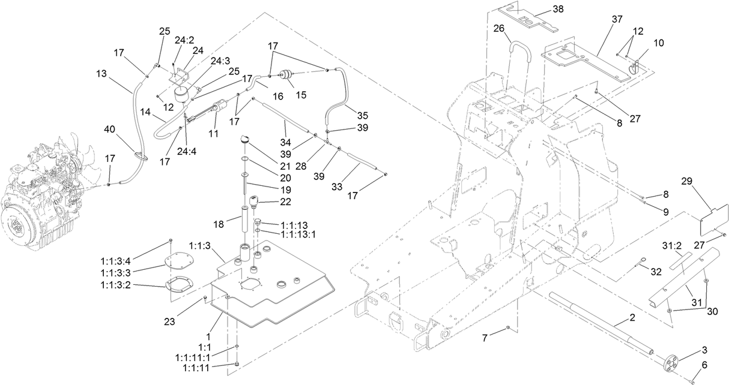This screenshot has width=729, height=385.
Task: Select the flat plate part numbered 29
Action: tap(715, 218)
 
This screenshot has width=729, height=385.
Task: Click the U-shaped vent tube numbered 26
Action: tap(519, 57)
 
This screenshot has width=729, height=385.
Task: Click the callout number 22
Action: tap(286, 202)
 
